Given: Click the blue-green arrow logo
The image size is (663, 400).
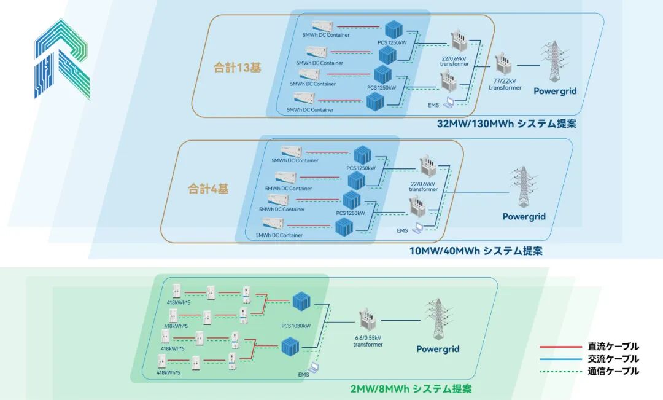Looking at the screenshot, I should point(61,59).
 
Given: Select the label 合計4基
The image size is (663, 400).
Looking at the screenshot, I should point(208,189).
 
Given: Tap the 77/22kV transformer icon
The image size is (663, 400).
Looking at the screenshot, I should point(504,65).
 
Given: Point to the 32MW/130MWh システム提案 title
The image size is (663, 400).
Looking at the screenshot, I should point(506,124).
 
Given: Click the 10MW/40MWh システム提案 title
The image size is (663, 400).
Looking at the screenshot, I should point(476,251).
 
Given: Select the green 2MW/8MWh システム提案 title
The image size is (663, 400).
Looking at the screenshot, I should point(411,389).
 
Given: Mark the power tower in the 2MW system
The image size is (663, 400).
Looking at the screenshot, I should point(437,319).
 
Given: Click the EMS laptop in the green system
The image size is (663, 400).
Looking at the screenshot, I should point(314,368).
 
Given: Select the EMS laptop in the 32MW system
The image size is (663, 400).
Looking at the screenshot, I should point(450,102).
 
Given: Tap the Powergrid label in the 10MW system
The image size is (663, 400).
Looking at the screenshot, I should point(524,216).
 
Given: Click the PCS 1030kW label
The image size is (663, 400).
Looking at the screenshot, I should point(296,326).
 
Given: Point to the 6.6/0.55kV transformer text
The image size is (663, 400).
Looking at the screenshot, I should point(368,341).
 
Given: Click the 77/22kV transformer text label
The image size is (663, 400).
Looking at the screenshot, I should point(505,85).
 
